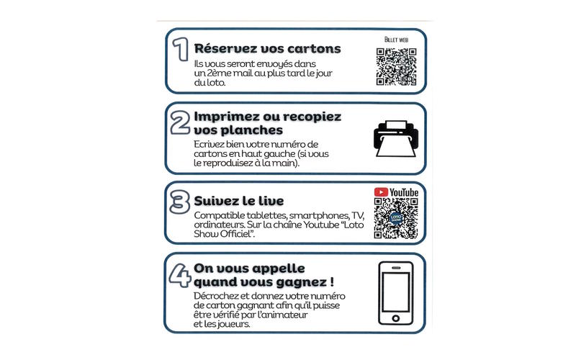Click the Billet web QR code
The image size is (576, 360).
point(396,67)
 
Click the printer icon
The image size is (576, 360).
point(395,139)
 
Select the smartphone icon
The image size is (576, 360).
point(395,293)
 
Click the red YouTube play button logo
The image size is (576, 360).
point(381,192)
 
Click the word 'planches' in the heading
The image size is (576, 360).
point(252,131)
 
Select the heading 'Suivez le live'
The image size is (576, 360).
point(238,200)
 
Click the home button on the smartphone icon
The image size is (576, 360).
point(395,318)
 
